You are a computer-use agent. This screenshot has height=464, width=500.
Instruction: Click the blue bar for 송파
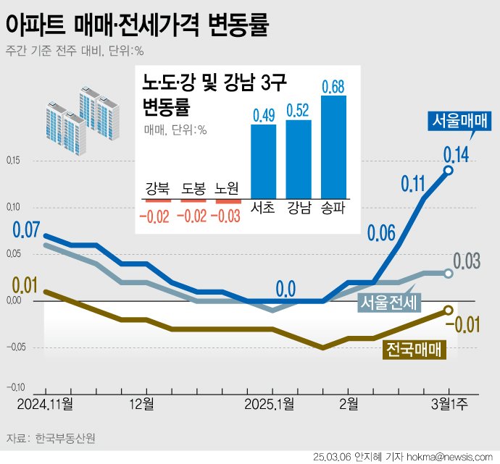(x=333, y=146)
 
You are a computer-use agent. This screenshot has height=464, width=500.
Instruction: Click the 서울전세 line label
(x=391, y=303)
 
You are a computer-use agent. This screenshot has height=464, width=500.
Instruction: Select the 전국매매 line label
(x=413, y=350)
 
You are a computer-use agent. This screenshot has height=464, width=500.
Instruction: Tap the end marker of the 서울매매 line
(x=449, y=170)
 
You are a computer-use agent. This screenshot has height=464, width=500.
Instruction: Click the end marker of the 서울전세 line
(x=449, y=274)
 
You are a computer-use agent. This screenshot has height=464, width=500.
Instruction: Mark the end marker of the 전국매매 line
(x=449, y=310)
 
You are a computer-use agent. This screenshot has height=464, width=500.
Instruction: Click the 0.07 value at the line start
(x=25, y=232)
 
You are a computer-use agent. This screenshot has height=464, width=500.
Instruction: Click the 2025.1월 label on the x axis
(x=270, y=402)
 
